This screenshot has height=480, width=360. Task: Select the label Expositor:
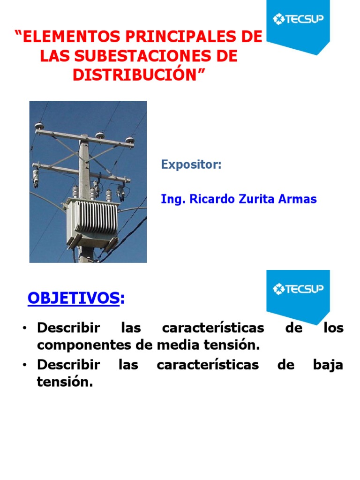point(191,165)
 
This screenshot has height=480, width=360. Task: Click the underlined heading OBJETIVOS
point(73,298)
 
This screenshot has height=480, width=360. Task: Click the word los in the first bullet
point(333,328)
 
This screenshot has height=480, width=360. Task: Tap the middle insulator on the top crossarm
point(100,135)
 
